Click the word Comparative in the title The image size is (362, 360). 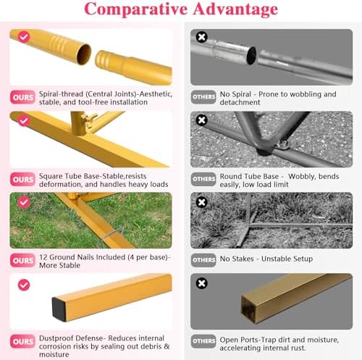[x=136, y=9]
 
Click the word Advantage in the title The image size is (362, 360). [x=235, y=9]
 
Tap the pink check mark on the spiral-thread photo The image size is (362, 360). [x=24, y=37]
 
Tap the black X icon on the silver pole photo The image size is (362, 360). [x=202, y=37]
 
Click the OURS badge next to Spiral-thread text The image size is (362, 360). [x=22, y=97]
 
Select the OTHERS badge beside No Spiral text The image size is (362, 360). [x=203, y=97]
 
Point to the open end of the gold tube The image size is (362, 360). [x=84, y=54]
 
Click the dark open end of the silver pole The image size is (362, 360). [x=252, y=55]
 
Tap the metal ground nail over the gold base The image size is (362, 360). [x=113, y=233]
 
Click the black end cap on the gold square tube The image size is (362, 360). [x=59, y=309]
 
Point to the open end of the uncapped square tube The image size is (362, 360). [x=249, y=310]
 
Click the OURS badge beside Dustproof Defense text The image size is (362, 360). [x=22, y=341]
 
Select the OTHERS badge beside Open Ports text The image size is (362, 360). [x=203, y=341]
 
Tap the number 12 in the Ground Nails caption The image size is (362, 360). [x=43, y=257]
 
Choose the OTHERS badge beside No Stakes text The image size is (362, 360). [x=203, y=260]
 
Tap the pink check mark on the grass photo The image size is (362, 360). [x=24, y=202]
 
